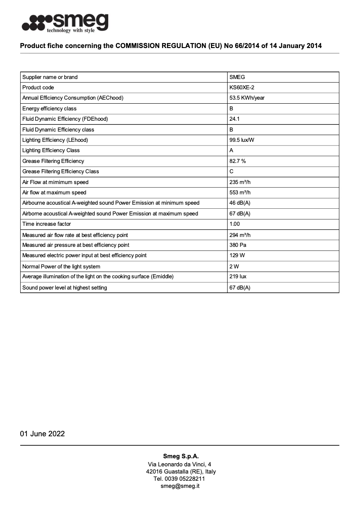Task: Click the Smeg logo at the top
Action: pos(65,23)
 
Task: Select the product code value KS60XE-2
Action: pos(241,88)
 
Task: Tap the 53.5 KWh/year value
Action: pos(247,98)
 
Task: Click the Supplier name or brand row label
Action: pos(50,77)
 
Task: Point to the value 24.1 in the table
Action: pos(234,119)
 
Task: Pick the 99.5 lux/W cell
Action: pos(242,140)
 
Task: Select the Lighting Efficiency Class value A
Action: pos(231,150)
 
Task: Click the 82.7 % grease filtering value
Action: pos(237,161)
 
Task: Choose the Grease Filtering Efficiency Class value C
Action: pos(231,171)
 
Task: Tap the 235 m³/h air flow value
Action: pos(240,182)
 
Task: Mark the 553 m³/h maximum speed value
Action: pos(240,193)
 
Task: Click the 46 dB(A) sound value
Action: pos(240,203)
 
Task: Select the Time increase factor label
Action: pos(47,224)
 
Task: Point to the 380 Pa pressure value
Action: pos(238,245)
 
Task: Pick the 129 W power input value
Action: pos(237,255)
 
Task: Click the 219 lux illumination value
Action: pos(238,276)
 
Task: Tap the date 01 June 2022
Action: pos(42,434)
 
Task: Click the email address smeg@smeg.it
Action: pos(180,486)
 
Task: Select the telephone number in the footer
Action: pos(180,479)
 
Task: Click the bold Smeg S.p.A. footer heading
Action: pos(180,456)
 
